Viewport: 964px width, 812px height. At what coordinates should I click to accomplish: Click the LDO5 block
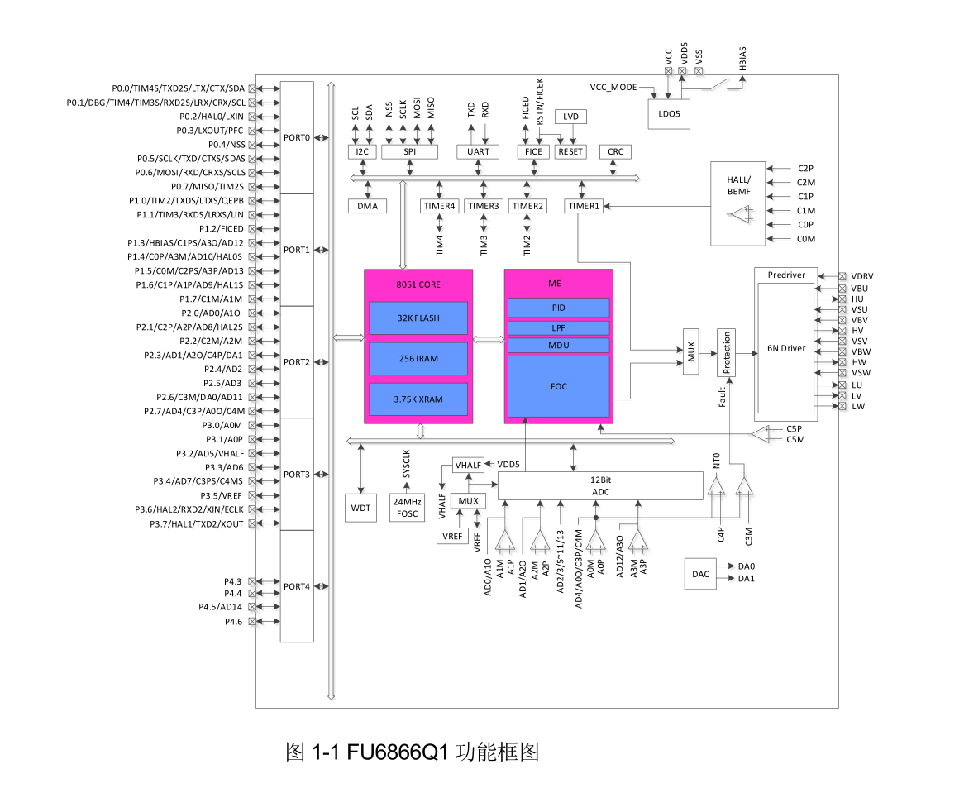[669, 114]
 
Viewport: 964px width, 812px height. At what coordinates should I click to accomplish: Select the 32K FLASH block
[418, 318]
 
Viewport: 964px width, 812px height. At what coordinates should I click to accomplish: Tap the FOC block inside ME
[559, 386]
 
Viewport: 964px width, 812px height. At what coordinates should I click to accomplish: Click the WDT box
[360, 508]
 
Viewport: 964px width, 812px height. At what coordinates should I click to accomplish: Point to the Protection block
[727, 352]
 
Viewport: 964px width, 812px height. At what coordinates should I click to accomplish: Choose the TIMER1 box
[584, 206]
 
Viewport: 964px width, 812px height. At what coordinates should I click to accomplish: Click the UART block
[478, 151]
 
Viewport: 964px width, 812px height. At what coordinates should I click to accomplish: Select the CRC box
[615, 151]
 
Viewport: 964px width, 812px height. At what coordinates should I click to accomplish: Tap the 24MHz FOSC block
[406, 508]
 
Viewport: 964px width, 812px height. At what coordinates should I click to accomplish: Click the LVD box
[570, 117]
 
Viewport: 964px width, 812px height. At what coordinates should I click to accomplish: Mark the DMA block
[367, 206]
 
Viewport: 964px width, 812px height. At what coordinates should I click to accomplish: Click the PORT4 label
[297, 586]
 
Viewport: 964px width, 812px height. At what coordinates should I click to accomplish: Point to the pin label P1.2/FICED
[222, 228]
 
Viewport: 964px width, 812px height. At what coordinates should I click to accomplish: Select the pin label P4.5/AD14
[220, 607]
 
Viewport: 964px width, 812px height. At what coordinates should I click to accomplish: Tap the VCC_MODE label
[613, 87]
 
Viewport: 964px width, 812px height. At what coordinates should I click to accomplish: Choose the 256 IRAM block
[418, 358]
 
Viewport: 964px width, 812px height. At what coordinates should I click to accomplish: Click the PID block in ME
[559, 308]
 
